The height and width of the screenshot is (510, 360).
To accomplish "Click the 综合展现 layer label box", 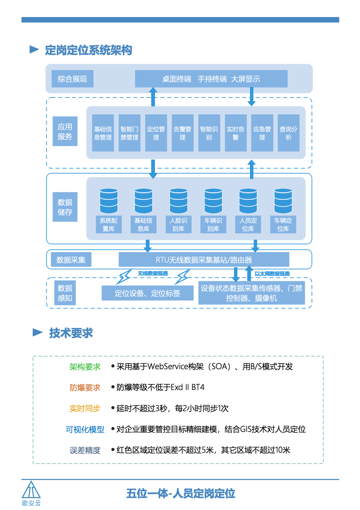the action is (72, 79).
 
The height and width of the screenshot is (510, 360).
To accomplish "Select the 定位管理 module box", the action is (156, 133).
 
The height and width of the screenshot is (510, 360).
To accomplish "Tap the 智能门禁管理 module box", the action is (129, 133).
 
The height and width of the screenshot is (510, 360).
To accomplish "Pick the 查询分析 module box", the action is (288, 133).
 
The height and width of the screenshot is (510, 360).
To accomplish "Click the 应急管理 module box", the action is (262, 133).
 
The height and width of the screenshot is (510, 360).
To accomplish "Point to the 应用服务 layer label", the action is (65, 131).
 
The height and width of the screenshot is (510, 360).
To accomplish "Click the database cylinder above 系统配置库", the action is (109, 201).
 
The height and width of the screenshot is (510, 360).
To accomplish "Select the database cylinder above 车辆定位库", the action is (283, 201).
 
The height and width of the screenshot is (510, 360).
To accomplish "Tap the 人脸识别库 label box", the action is (178, 225).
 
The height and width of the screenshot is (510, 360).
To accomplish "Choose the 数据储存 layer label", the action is (65, 207).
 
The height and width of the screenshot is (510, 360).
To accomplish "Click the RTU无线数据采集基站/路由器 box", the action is (204, 259).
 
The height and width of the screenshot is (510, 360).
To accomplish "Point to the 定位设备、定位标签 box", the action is (147, 293).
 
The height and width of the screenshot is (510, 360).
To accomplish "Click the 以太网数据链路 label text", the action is (272, 274).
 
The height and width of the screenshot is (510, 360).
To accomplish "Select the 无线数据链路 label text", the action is (153, 273).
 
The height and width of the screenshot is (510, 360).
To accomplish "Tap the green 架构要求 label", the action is (85, 367).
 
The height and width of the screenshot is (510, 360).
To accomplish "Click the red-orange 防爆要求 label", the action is (85, 388).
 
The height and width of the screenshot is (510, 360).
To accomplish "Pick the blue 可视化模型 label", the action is (85, 430).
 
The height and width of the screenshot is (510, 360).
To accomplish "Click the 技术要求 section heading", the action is (71, 333).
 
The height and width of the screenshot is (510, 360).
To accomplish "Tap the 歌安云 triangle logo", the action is (31, 490).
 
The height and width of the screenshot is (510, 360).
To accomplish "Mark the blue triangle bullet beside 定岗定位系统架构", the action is (34, 49).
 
